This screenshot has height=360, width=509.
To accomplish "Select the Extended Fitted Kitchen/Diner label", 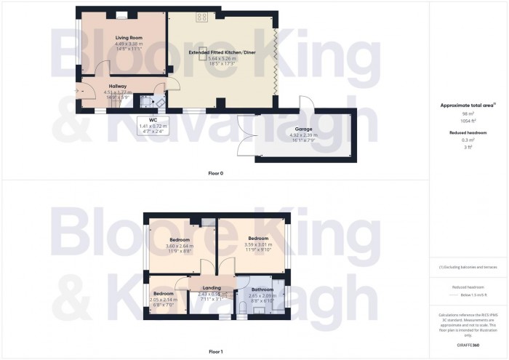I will pos(222,53).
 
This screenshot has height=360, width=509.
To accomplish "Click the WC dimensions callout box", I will pos(153,126).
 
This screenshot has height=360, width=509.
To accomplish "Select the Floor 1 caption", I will pos(217,352).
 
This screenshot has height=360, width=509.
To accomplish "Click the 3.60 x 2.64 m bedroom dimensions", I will pos(180,247).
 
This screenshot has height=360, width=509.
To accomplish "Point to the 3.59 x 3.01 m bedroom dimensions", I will pos(257,245).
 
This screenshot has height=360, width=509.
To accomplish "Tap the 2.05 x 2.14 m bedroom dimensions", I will pos(163,300).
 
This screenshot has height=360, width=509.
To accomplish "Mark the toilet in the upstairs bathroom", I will pos(242,312).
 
